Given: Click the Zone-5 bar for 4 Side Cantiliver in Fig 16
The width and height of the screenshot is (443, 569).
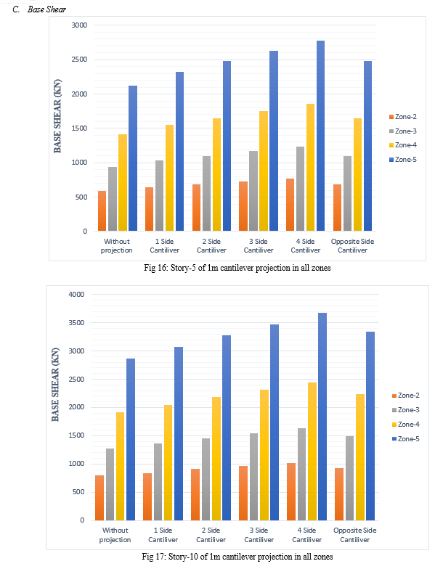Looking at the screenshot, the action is [320, 136].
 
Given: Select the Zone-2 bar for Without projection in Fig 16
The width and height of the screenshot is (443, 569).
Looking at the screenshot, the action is [102, 210].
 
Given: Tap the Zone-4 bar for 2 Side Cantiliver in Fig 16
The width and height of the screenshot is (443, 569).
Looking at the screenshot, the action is [216, 174].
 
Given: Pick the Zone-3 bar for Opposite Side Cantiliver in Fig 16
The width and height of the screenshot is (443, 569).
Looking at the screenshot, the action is [347, 193].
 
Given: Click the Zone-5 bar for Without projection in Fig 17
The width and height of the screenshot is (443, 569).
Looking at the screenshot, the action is [131, 440].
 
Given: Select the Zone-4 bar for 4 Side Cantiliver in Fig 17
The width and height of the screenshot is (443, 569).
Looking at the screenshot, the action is [312, 451].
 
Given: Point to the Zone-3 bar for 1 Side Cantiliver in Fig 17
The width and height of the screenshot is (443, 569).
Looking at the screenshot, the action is [158, 482].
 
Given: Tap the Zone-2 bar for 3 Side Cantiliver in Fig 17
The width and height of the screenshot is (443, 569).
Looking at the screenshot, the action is [243, 494].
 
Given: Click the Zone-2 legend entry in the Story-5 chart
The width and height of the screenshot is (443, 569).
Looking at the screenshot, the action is [402, 116].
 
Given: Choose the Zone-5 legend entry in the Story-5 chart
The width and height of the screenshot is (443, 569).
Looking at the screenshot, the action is [402, 160].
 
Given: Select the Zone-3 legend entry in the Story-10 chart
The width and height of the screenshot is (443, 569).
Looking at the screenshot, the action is [405, 409].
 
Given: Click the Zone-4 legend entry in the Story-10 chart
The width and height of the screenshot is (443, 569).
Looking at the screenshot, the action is [405, 424].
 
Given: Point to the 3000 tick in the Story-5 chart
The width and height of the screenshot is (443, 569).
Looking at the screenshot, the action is [79, 25].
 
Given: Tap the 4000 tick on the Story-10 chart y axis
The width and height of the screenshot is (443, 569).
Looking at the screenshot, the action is [76, 295].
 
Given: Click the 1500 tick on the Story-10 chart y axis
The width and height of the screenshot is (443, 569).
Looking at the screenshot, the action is [76, 435].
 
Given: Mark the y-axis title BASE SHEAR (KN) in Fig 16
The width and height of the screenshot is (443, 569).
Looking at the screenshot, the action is [57, 116].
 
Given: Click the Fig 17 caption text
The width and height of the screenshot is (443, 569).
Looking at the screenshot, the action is [237, 557].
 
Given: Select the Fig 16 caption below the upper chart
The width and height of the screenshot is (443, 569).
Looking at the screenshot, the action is [237, 268].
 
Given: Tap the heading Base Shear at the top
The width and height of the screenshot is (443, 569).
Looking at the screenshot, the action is [46, 9].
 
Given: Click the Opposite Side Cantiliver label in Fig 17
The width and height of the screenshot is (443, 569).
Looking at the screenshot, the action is [354, 535].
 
